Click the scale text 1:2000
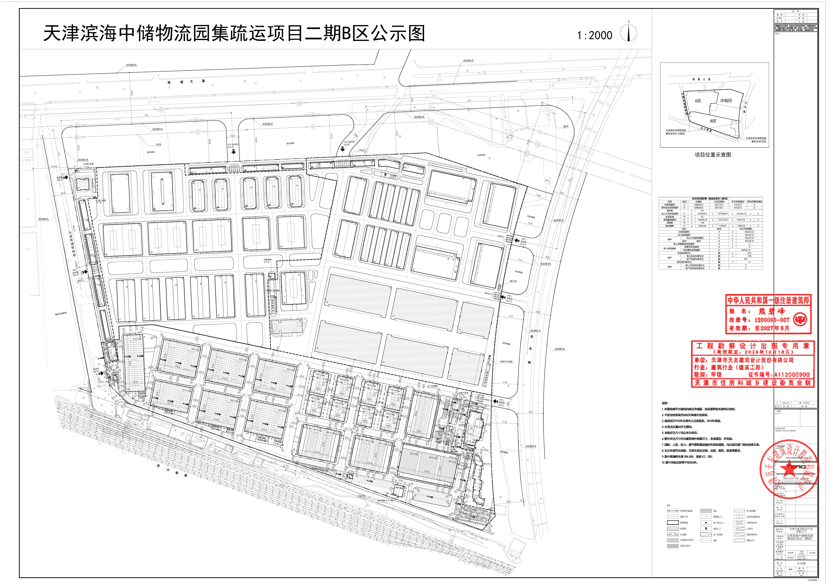pyautogui.click(x=594, y=35)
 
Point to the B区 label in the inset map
pyautogui.click(x=713, y=121)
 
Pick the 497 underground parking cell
pyautogui.click(x=746, y=259)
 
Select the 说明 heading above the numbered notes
pyautogui.click(x=665, y=403)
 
